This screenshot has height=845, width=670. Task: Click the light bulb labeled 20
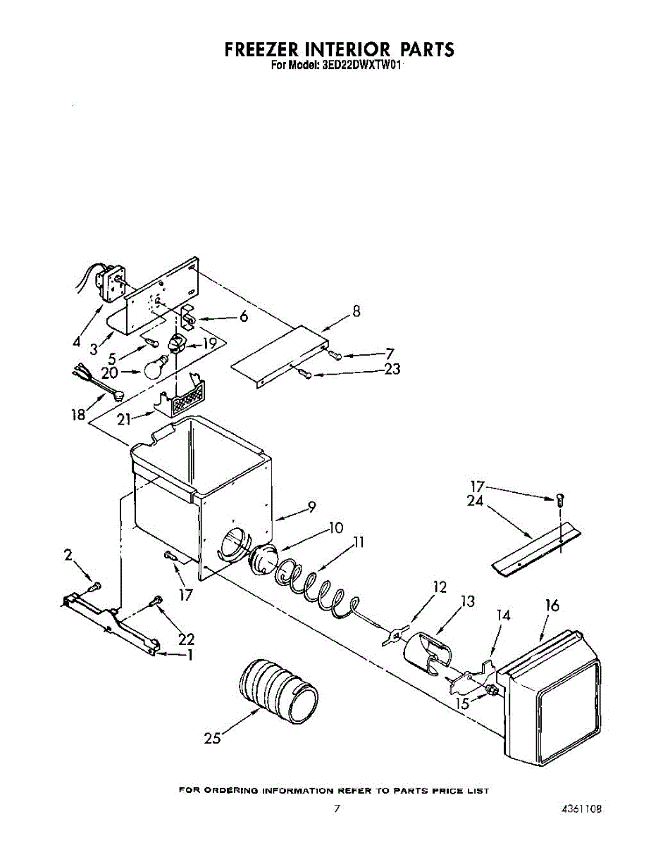click(157, 367)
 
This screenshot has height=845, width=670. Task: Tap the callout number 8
click(356, 311)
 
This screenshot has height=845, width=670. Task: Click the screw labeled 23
click(306, 374)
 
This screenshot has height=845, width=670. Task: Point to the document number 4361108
click(581, 810)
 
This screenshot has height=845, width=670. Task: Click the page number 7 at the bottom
click(337, 810)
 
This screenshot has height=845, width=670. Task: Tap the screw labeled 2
click(94, 586)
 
